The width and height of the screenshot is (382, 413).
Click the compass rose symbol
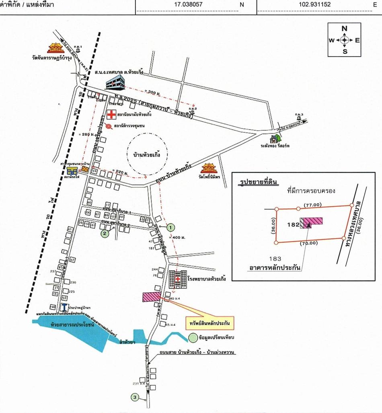click(x=345, y=40)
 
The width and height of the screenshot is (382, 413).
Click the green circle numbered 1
click(x=171, y=228)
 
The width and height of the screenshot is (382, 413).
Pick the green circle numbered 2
click(x=105, y=233)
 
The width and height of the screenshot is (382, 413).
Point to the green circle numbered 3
click(x=135, y=398)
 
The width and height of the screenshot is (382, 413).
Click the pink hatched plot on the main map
click(x=152, y=297)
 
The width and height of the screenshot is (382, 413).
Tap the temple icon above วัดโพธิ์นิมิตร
click(x=209, y=168)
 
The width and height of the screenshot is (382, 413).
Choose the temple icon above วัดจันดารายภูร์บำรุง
click(x=55, y=48)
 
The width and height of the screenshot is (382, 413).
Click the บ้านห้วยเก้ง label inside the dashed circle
click(x=146, y=154)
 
